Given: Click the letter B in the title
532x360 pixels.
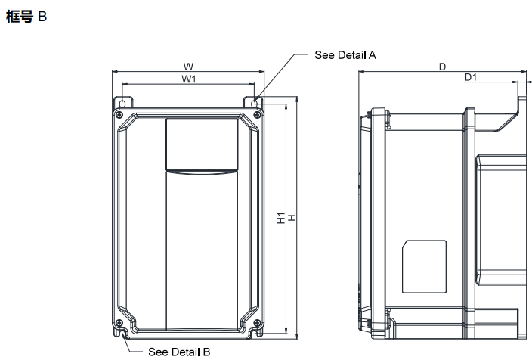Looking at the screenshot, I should point(42,16).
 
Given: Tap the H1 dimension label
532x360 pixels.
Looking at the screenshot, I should point(280,219).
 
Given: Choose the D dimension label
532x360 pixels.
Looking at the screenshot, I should point(442,67).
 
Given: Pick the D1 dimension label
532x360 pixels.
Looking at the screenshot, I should point(470,78).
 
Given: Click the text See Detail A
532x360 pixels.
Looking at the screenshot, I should point(345,55).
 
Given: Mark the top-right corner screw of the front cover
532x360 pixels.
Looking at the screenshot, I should point(257,115).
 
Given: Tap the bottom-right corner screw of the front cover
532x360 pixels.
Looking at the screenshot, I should point(257,324).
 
